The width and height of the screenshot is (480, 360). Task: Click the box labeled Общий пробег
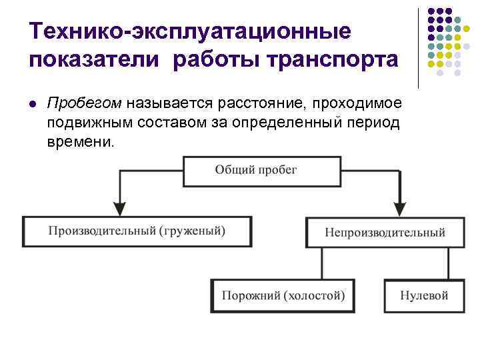coord(256,171)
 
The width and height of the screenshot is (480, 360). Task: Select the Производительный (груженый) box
coord(137,232)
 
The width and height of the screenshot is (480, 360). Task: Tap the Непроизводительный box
coord(385,233)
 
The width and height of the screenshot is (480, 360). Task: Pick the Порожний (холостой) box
coord(283,295)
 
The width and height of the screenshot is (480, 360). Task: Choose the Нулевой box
coord(423,295)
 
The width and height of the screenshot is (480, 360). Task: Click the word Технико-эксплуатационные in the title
coord(189,31)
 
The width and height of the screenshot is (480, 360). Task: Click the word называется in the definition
coord(166,104)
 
